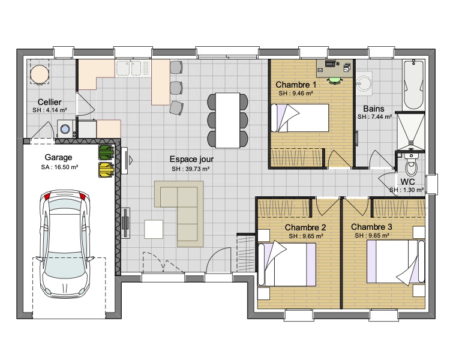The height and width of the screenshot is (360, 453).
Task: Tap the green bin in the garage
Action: click(106, 152)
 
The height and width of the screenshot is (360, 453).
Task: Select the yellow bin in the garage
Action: click(106, 170)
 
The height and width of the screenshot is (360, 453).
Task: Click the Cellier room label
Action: click(49, 102)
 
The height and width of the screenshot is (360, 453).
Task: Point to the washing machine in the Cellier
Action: click(65, 128)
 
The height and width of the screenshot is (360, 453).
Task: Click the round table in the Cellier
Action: click(39, 74)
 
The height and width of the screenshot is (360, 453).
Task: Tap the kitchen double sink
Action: click(133, 68)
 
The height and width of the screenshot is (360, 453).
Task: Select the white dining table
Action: click(227, 120)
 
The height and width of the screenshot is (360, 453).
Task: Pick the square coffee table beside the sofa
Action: click(154, 229)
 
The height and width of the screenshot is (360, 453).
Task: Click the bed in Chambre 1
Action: click(300, 118)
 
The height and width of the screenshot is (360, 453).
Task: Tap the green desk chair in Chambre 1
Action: click(335, 80)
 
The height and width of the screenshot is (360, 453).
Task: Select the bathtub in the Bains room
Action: click(413, 85)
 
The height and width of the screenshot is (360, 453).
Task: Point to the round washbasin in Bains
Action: click(364, 82)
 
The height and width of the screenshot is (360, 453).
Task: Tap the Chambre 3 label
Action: click(371, 227)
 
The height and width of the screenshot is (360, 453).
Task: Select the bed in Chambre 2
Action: click(287, 265)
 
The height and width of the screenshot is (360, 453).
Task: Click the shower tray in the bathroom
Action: click(410, 131)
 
